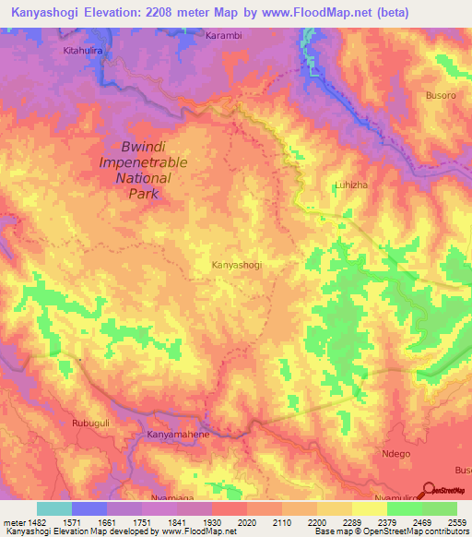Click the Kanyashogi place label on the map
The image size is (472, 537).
(x=237, y=265)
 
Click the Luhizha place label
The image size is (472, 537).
(x=349, y=185)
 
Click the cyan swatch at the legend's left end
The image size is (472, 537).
(x=54, y=508)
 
